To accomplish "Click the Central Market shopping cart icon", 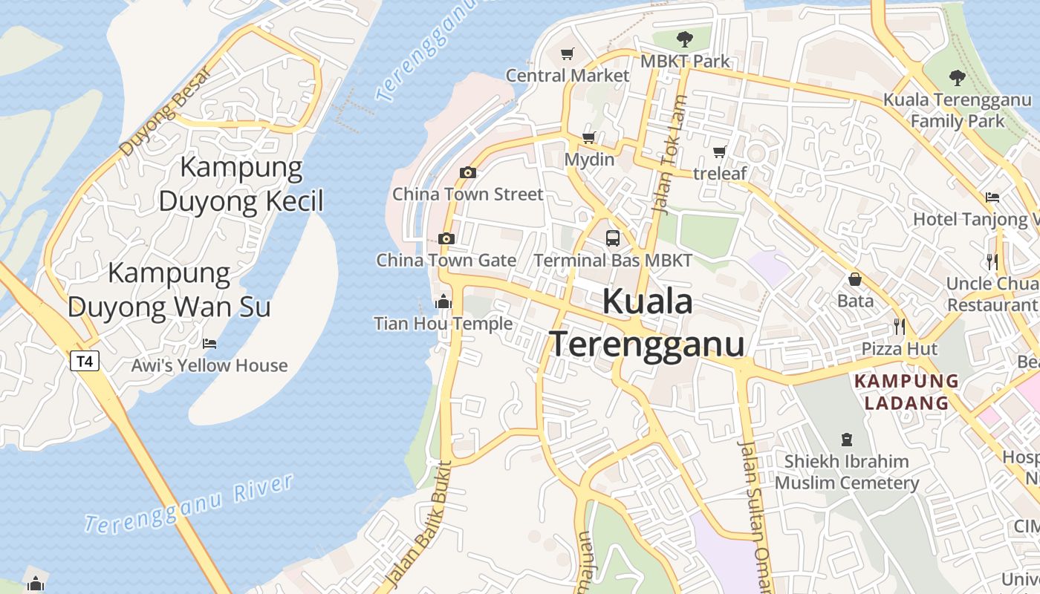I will pyautogui.click(x=568, y=53).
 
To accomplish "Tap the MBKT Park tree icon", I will pyautogui.click(x=684, y=39).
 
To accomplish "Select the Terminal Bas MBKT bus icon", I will pyautogui.click(x=613, y=238).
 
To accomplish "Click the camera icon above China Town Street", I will pyautogui.click(x=467, y=173).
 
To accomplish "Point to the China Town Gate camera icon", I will pyautogui.click(x=446, y=238).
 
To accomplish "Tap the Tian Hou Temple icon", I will pyautogui.click(x=443, y=301).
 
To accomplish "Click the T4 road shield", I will pyautogui.click(x=85, y=362).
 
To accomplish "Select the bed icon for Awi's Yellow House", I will pyautogui.click(x=209, y=343).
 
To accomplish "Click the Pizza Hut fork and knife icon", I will pyautogui.click(x=899, y=326).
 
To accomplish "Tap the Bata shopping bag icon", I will pyautogui.click(x=855, y=279).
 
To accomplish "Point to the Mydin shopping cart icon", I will pyautogui.click(x=589, y=137).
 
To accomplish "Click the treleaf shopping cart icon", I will pyautogui.click(x=719, y=152).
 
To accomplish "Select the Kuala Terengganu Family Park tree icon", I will pyautogui.click(x=958, y=77).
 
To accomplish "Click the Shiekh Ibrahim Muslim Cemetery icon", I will pyautogui.click(x=846, y=439).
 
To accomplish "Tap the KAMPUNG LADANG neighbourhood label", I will pyautogui.click(x=906, y=392).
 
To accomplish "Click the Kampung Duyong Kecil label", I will pyautogui.click(x=241, y=184).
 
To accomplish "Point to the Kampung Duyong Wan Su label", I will pyautogui.click(x=169, y=290).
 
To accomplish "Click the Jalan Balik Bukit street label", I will pyautogui.click(x=420, y=524).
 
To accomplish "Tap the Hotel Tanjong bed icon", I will pyautogui.click(x=992, y=197).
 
